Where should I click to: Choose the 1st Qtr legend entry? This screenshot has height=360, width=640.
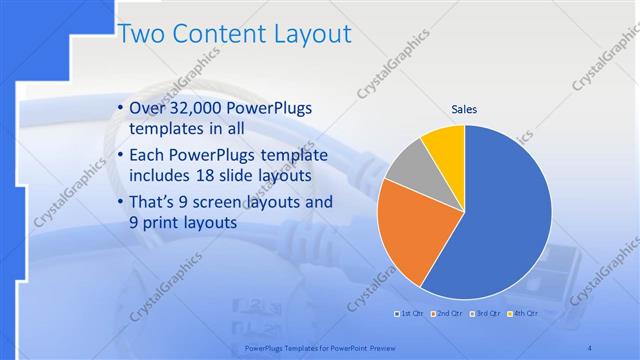point(410,314)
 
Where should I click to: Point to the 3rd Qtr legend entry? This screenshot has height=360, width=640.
point(486,314)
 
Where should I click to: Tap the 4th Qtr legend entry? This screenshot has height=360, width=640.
point(524,314)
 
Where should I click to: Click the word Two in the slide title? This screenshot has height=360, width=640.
point(143,34)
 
